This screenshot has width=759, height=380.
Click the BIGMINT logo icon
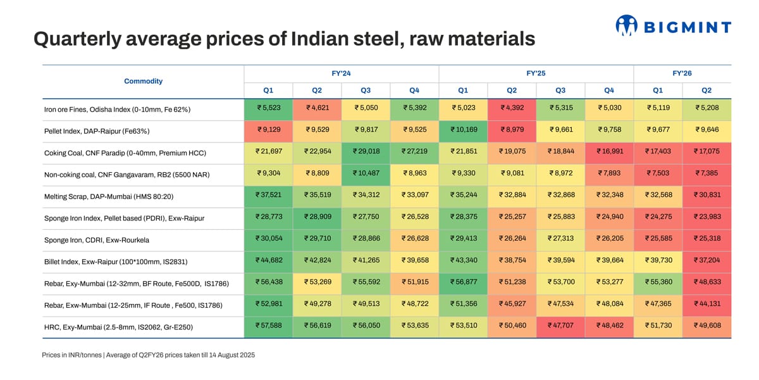(x=626, y=25)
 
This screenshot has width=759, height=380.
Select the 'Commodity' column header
(x=143, y=81)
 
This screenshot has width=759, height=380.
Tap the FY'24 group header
(x=341, y=73)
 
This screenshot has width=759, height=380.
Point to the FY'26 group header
(x=682, y=73)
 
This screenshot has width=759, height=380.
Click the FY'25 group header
(x=536, y=73)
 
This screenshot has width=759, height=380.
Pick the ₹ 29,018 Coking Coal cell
(x=366, y=153)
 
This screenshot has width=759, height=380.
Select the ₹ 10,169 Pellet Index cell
(x=463, y=130)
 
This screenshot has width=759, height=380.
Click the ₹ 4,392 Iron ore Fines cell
(x=512, y=109)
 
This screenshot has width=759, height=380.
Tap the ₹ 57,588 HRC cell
(x=268, y=327)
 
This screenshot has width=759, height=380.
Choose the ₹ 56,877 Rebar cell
(x=463, y=283)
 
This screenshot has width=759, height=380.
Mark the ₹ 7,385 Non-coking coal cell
(x=707, y=174)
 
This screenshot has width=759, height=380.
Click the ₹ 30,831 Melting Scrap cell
(x=707, y=196)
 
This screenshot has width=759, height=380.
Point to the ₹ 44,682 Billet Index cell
(x=268, y=262)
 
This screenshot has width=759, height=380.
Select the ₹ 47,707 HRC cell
(x=560, y=327)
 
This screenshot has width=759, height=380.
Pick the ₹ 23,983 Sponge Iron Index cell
(x=707, y=218)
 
